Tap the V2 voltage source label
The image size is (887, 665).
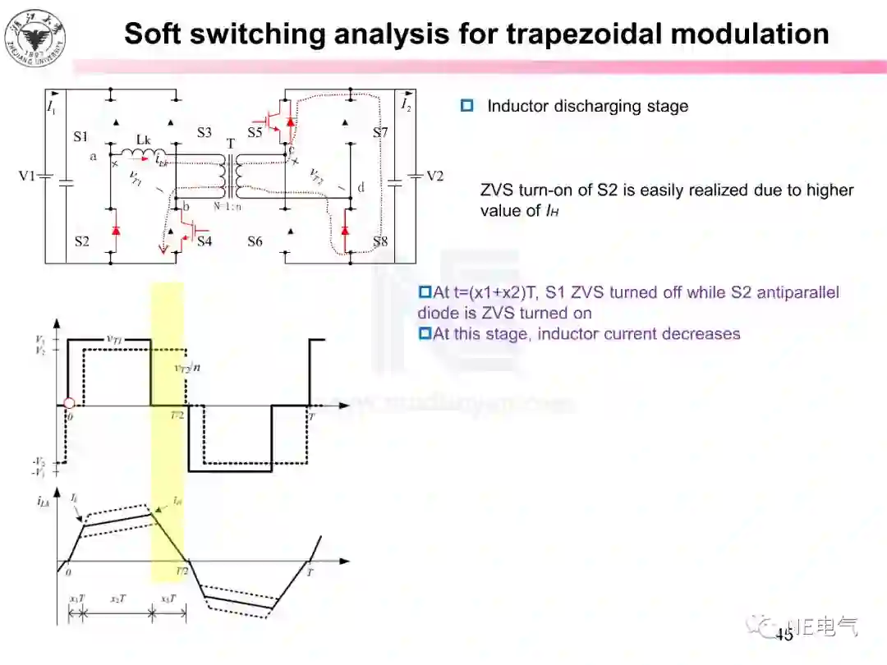click(434, 177)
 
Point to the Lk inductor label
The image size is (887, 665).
click(143, 139)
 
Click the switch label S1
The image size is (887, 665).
click(80, 135)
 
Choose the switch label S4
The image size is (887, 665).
click(204, 241)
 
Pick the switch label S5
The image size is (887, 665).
click(255, 132)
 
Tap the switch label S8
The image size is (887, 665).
click(379, 241)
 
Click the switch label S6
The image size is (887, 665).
click(255, 241)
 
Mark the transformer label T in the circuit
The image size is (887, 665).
click(231, 144)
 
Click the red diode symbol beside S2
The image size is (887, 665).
click(115, 232)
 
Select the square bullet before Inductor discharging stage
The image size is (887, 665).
click(467, 106)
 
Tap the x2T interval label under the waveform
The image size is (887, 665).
click(118, 598)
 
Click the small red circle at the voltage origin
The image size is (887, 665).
click(69, 403)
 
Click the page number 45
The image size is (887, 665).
click(784, 635)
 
